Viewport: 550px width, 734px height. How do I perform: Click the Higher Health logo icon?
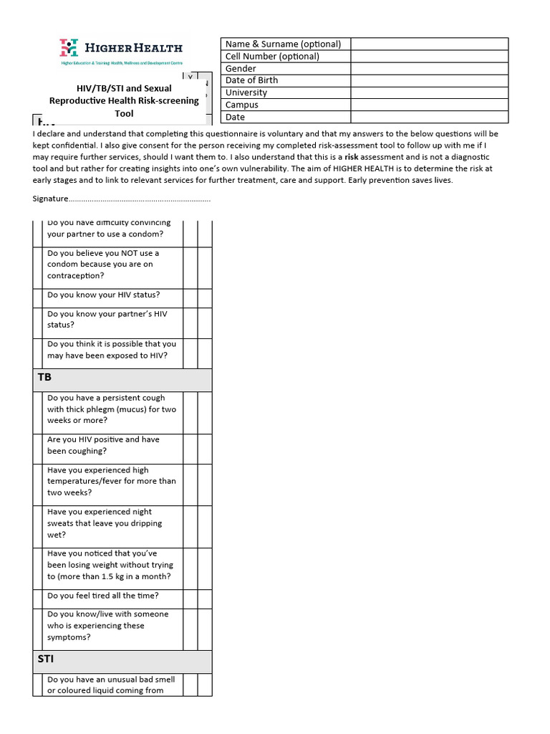click(69, 48)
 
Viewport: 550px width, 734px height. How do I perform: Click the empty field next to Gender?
click(429, 69)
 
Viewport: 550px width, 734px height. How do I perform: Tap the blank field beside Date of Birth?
click(429, 80)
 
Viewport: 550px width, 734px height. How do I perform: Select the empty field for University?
click(429, 92)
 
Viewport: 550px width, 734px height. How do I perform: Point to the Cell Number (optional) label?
click(272, 57)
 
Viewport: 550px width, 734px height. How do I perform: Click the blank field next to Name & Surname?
click(429, 44)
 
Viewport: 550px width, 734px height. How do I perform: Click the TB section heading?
click(44, 377)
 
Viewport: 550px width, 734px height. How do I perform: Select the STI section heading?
click(45, 658)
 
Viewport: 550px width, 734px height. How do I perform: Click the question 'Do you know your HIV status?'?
click(104, 295)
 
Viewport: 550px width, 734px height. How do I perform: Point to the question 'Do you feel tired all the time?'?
click(103, 596)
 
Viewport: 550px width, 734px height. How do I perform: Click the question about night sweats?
click(105, 523)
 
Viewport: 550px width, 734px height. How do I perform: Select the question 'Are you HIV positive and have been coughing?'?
click(103, 445)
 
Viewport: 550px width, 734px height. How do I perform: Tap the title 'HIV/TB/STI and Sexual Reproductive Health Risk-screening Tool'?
click(124, 101)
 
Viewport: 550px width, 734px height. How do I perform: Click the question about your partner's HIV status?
click(107, 319)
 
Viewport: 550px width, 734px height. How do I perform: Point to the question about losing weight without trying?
click(110, 565)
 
